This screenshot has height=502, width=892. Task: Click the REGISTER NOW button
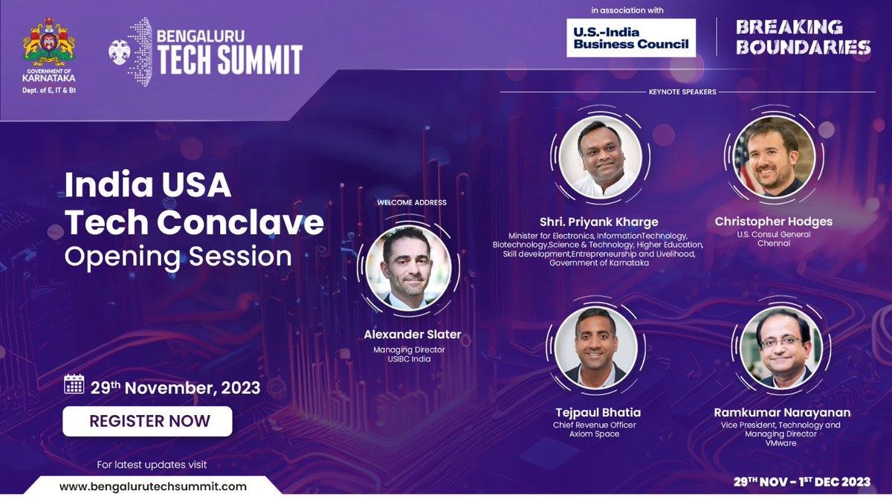coord(147,421)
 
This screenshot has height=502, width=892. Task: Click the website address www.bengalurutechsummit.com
coord(153,486)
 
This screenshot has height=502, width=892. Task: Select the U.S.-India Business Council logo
coord(631,38)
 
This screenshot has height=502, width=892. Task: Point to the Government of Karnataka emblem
coord(49,42)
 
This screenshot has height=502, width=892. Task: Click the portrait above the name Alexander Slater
coord(409,268)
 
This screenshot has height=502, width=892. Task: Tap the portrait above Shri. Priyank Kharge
coord(601,158)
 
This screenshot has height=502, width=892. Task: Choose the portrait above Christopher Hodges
coord(774,157)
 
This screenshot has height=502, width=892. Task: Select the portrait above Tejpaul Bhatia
coord(595,348)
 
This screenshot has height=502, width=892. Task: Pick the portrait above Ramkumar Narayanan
coord(781,348)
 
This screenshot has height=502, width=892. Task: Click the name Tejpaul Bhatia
coord(598,412)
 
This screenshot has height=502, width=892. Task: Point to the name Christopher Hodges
coord(773,222)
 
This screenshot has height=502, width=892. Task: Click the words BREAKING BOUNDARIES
coord(803,37)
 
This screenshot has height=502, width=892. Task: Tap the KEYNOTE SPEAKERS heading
coord(682,91)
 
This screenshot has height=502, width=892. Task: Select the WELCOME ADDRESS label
coord(412,202)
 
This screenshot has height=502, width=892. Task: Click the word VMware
coord(781,443)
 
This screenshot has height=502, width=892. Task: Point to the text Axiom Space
coord(594,434)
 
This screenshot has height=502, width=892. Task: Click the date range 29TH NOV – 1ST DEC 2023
coord(802,482)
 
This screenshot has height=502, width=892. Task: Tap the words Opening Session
coord(178,257)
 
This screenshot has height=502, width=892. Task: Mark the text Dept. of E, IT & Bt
coord(49,91)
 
